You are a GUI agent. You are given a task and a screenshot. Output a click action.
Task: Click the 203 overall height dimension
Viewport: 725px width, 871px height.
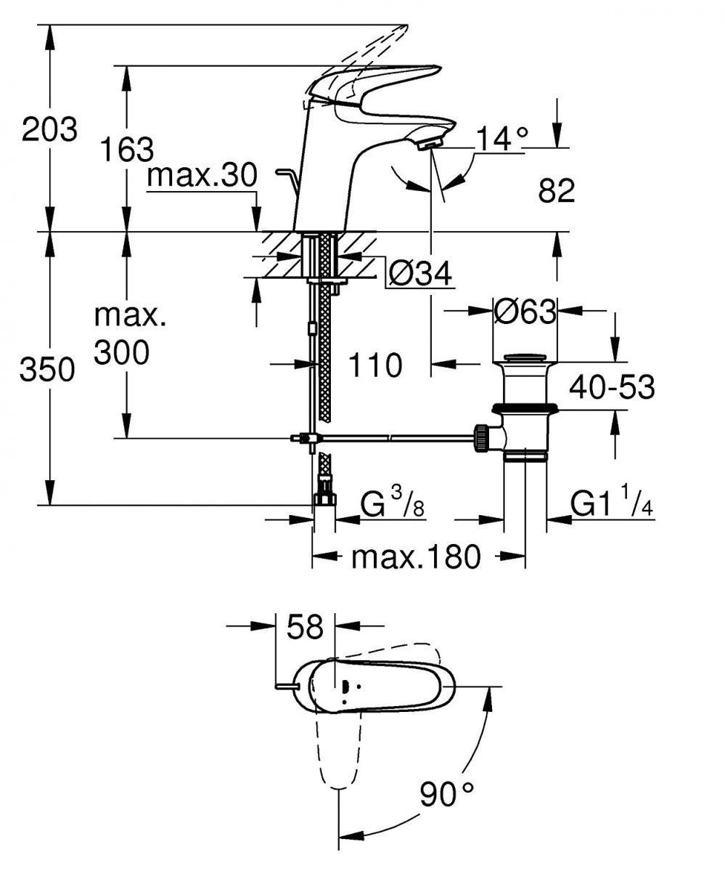[49, 131]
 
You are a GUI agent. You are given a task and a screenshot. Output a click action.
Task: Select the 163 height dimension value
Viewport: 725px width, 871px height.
[127, 149]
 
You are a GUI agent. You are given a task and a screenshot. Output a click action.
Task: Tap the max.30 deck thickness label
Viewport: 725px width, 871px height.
[202, 177]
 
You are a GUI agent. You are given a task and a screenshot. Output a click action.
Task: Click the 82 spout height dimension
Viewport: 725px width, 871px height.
[557, 191]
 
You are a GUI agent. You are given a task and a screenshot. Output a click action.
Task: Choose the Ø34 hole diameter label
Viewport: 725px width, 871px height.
[420, 275]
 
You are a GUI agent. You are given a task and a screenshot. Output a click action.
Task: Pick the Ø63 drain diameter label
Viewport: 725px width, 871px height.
[525, 312]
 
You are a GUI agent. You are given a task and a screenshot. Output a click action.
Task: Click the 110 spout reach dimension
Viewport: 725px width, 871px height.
[374, 365]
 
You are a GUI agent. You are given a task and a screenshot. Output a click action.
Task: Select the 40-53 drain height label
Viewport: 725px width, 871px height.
[611, 388]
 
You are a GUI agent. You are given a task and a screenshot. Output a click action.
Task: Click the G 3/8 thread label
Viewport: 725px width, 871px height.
[393, 503]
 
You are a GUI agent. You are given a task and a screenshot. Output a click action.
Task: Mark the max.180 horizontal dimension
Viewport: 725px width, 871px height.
[416, 557]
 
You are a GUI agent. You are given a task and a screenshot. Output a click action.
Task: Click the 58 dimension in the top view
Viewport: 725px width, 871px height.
[304, 627]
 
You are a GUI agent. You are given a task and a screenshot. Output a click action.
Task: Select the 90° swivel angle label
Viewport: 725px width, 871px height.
[446, 793]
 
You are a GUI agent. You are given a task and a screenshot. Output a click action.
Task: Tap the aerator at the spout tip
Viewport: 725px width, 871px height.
[430, 145]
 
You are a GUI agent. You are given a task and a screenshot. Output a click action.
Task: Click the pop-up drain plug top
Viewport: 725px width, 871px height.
[525, 358]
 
